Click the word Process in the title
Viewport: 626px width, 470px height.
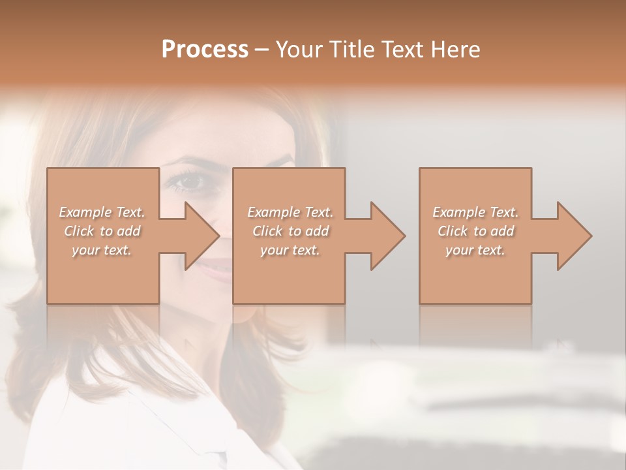[x=205, y=50]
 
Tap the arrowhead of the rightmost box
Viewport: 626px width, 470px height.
[x=573, y=236]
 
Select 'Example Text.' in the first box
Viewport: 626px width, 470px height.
[x=102, y=212]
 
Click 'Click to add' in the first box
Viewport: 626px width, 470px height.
[x=102, y=231]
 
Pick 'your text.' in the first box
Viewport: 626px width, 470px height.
[x=102, y=250]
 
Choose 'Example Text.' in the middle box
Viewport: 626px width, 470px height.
[x=290, y=212]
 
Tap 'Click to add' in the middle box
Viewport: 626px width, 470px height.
[x=290, y=231]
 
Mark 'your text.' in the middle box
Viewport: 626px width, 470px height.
[x=290, y=250]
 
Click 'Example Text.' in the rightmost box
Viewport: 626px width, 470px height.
[x=475, y=212]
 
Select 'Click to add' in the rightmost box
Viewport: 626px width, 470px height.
[x=475, y=231]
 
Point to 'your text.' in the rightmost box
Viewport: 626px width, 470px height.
[x=475, y=250]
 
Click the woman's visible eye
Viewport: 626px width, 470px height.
[x=186, y=181]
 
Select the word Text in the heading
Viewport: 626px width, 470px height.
[x=400, y=50]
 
